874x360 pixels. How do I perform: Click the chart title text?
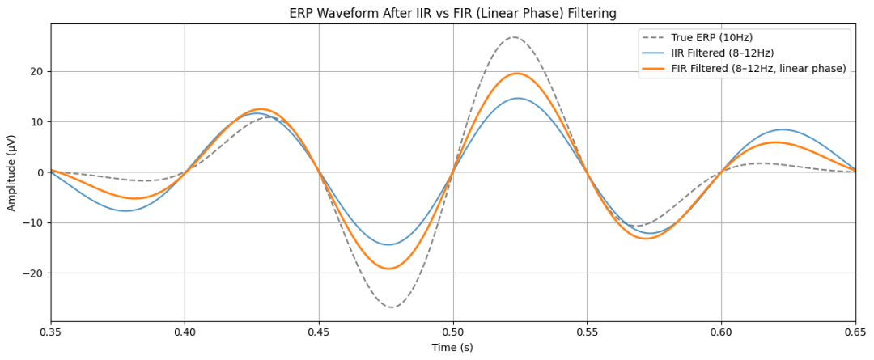pyautogui.click(x=452, y=13)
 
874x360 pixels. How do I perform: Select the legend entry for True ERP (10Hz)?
pyautogui.click(x=713, y=38)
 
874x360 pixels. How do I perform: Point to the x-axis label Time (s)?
pyautogui.click(x=452, y=348)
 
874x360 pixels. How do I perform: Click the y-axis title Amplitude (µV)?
pyautogui.click(x=12, y=173)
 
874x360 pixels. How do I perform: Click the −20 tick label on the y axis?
pyautogui.click(x=33, y=273)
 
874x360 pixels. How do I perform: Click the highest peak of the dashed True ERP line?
pyautogui.click(x=514, y=37)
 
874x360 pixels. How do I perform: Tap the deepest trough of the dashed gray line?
pyautogui.click(x=392, y=307)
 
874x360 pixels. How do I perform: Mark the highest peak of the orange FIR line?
pyautogui.click(x=516, y=74)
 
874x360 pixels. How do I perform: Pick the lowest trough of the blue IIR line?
pyautogui.click(x=388, y=244)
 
